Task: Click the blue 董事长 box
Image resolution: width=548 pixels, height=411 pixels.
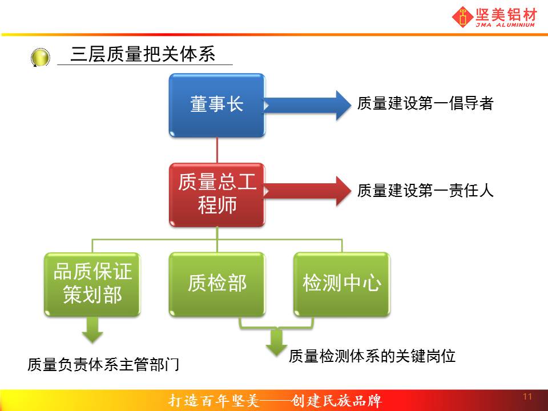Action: click(x=217, y=105)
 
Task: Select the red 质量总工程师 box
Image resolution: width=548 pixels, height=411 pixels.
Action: click(x=217, y=195)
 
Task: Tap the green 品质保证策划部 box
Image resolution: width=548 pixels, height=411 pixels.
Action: click(x=92, y=284)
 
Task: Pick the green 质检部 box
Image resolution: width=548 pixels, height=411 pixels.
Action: click(x=217, y=284)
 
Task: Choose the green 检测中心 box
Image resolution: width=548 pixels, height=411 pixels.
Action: click(x=341, y=284)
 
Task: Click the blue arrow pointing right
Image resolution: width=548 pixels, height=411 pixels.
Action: click(x=307, y=105)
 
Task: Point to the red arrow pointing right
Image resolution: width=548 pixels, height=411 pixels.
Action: click(x=307, y=191)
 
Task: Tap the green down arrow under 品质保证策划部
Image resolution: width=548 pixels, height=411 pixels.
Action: click(x=92, y=329)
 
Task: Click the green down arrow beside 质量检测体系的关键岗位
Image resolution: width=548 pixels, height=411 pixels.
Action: click(x=276, y=342)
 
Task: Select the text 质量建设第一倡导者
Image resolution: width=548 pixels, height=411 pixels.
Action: click(x=425, y=103)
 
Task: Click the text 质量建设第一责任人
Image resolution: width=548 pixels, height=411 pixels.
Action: click(x=425, y=191)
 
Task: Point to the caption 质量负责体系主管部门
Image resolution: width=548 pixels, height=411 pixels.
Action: click(x=103, y=365)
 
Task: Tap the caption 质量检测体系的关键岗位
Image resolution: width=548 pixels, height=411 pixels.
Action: click(x=372, y=356)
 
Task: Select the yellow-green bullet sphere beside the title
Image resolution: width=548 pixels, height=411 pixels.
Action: click(x=40, y=58)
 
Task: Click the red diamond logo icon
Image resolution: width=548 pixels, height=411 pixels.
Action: click(x=463, y=17)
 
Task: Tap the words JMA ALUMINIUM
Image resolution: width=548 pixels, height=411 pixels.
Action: click(x=505, y=25)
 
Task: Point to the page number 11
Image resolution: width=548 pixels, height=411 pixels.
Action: click(x=527, y=397)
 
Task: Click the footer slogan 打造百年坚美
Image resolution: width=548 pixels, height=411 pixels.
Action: click(x=213, y=401)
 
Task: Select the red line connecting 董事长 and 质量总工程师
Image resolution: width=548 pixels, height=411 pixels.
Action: click(x=217, y=150)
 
